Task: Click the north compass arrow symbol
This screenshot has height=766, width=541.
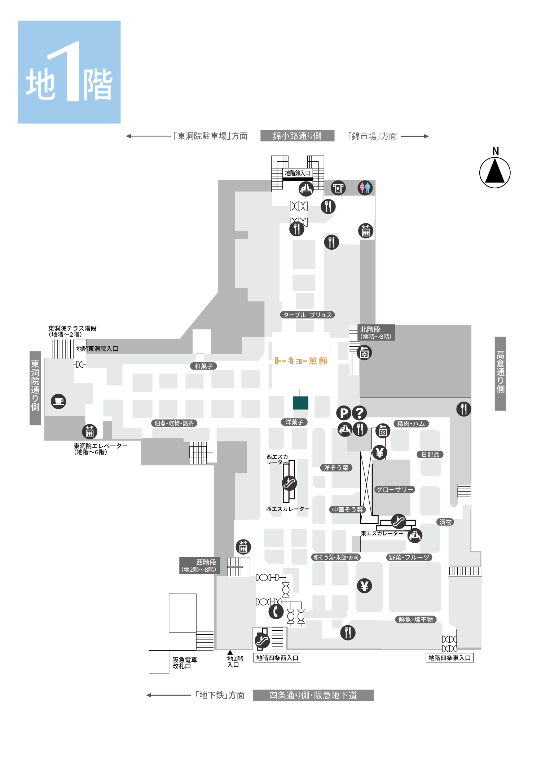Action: pos(495,172)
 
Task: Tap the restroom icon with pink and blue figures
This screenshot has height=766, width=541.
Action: pos(365,188)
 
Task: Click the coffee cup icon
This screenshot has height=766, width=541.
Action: pos(58,401)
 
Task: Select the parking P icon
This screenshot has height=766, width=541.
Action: pos(344,413)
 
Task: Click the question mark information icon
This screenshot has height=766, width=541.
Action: pos(359,413)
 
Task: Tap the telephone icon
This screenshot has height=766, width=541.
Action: pos(276,611)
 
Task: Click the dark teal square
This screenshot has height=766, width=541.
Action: pos(300,403)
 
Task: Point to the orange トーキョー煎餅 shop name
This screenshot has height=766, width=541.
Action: pos(301,361)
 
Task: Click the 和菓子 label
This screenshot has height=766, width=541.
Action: pos(204,366)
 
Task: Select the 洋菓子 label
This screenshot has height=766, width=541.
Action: pos(294,422)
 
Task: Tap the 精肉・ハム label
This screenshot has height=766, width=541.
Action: pos(411,424)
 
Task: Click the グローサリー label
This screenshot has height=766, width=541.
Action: pos(395,490)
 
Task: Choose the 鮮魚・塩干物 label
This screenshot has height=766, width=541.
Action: pos(416,620)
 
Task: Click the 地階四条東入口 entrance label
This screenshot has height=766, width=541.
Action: pos(449,658)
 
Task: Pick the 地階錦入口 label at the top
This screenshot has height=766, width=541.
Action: pos(298,173)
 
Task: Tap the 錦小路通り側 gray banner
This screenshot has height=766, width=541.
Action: pos(297,136)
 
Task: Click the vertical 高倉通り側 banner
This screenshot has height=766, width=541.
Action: pos(500,373)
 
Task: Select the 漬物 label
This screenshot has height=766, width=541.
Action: pos(445,522)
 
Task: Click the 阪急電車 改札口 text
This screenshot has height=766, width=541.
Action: pos(184,663)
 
